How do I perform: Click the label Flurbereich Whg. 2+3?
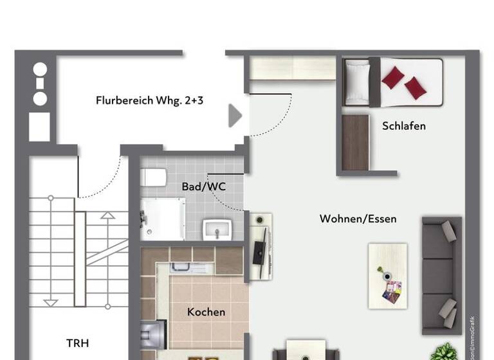pyautogui.click(x=149, y=100)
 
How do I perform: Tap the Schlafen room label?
pyautogui.click(x=403, y=126)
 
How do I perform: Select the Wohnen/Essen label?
pyautogui.click(x=358, y=219)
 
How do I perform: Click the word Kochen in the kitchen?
pyautogui.click(x=206, y=312)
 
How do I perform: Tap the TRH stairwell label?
pyautogui.click(x=78, y=343)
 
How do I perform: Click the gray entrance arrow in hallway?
pyautogui.click(x=235, y=116)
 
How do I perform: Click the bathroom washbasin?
pyautogui.click(x=215, y=228)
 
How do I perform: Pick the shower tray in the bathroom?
pyautogui.click(x=163, y=219)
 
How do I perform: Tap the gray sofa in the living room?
pyautogui.click(x=441, y=275)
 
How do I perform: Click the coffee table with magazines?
pyautogui.click(x=388, y=275)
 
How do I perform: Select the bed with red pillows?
pyautogui.click(x=393, y=82)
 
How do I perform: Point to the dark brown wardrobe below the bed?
pyautogui.click(x=355, y=143)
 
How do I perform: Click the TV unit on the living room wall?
pyautogui.click(x=261, y=246)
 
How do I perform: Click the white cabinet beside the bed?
pyautogui.click(x=293, y=68)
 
